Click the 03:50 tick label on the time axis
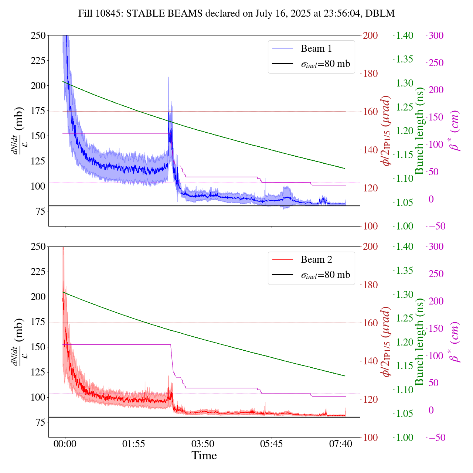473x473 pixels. [203, 443]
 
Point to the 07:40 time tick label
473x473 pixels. [340, 443]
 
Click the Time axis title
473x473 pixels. [204, 456]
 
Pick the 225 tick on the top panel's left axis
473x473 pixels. [38, 61]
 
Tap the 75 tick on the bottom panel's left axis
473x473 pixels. [40, 422]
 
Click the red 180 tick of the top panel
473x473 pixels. [371, 74]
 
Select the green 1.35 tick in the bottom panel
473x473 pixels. [405, 270]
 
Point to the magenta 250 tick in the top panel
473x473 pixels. [436, 63]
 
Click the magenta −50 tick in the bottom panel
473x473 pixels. [436, 438]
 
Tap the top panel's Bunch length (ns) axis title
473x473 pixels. [419, 131]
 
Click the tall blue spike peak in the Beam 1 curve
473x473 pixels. [169, 78]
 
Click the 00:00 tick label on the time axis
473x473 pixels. [65, 443]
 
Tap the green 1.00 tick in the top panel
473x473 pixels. [405, 226]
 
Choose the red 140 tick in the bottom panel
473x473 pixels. [371, 361]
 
